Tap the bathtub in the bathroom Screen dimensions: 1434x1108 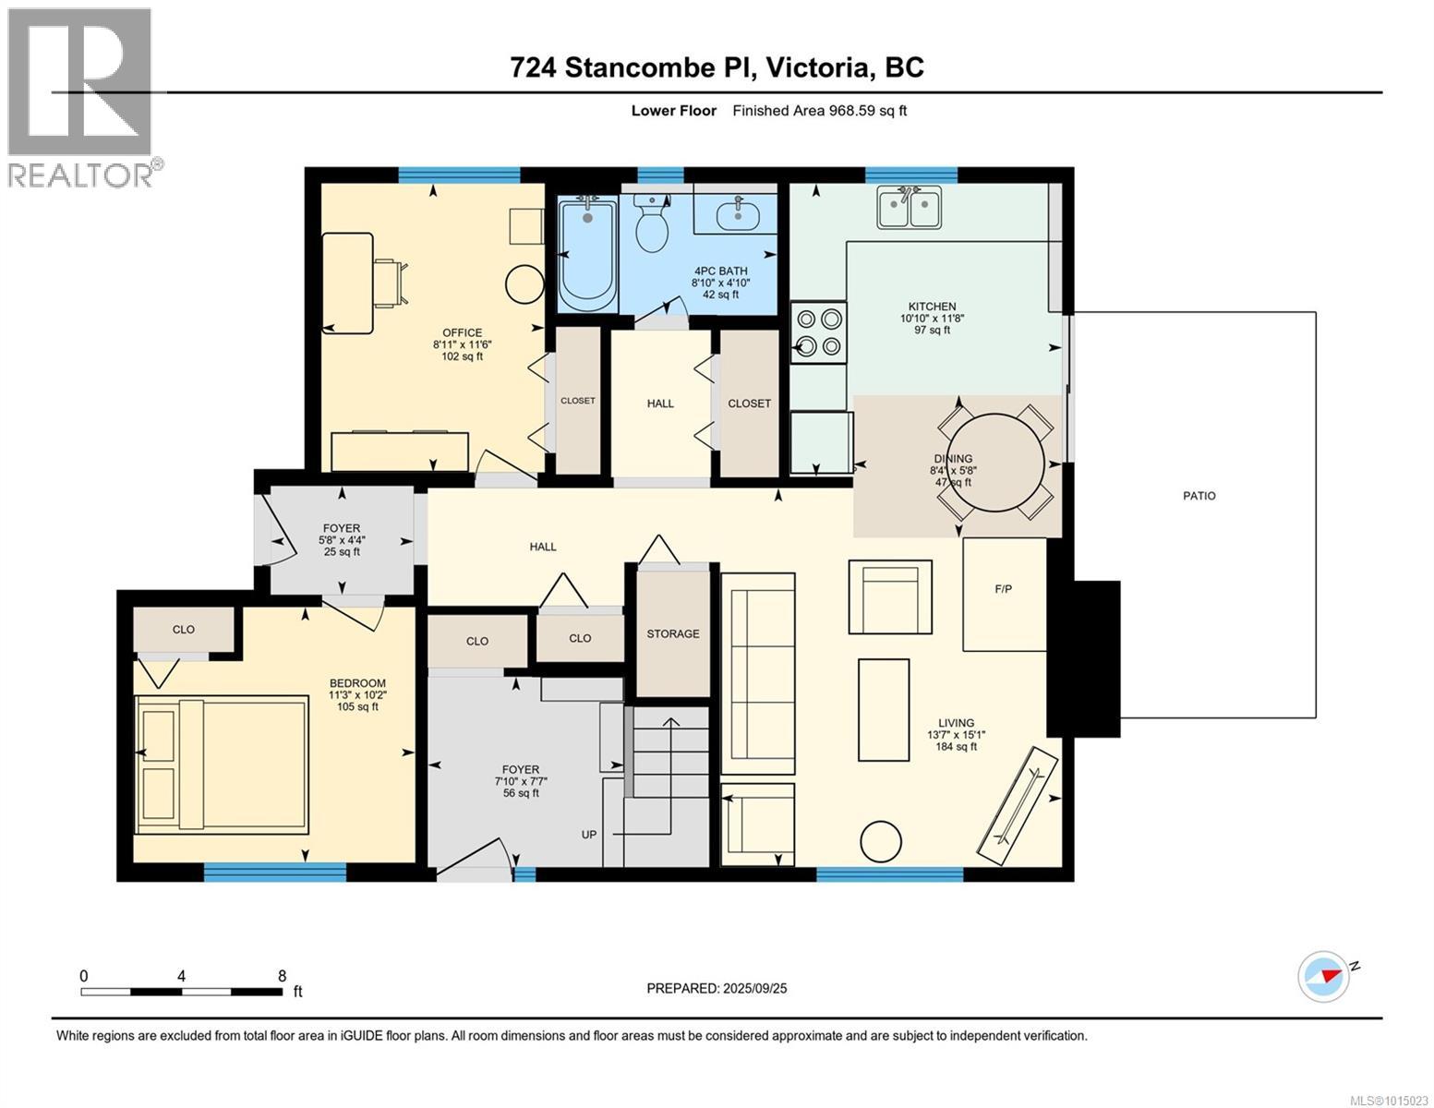pos(587,256)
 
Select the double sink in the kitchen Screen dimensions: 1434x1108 pos(909,208)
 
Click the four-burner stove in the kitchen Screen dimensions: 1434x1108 pos(818,332)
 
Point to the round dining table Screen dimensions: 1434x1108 pos(995,463)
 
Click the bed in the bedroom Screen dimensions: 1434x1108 pos(222,765)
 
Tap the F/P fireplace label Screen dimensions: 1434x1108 pos(1003,589)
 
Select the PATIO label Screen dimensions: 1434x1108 pos(1199,496)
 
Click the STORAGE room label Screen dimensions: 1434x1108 pos(672,633)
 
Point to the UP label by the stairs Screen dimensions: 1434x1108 pos(588,834)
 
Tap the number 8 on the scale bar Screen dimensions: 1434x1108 pos(283,976)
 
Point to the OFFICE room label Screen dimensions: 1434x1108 pos(462,332)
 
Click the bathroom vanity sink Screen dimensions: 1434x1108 pos(737,213)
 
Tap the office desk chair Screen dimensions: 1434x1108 pos(391,283)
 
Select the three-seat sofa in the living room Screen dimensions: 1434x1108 pos(757,673)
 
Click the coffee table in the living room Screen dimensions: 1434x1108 pos(884,709)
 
